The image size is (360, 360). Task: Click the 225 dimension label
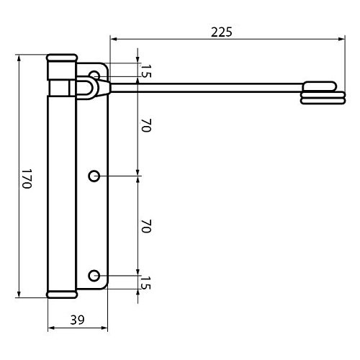click(x=222, y=32)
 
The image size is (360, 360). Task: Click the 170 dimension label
click(x=27, y=179)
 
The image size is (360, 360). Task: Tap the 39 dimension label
click(x=77, y=320)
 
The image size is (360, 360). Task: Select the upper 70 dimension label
click(x=146, y=125)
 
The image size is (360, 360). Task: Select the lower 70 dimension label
click(x=146, y=226)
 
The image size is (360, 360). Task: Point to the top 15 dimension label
click(x=146, y=71)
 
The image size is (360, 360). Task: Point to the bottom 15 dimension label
click(x=146, y=283)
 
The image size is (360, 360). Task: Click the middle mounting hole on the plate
click(x=94, y=176)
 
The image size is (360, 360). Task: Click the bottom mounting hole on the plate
click(x=94, y=276)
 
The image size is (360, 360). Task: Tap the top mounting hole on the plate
click(x=94, y=74)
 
